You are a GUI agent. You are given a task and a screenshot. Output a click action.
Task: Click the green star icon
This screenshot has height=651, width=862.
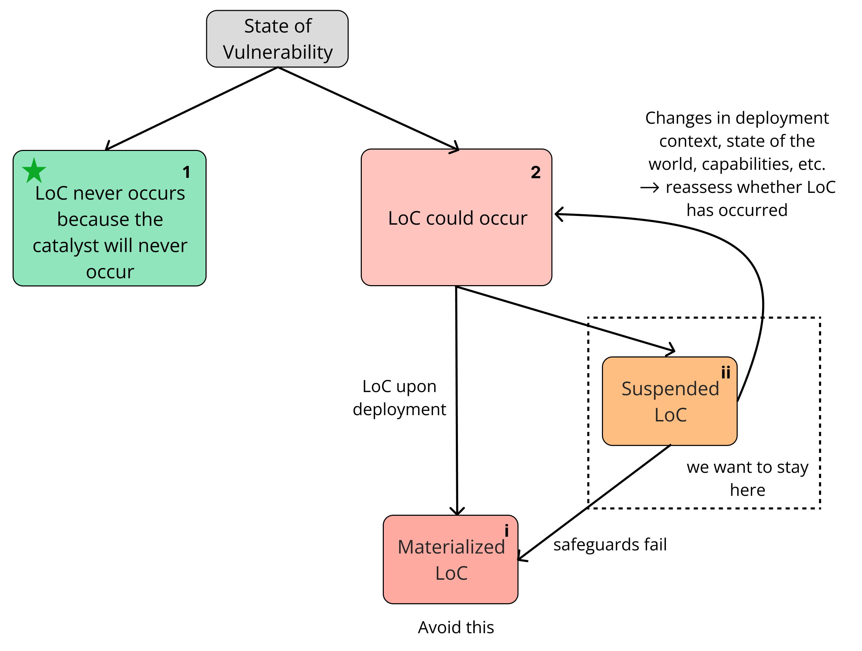click(34, 171)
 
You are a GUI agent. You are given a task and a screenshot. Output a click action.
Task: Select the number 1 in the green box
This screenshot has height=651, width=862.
click(186, 172)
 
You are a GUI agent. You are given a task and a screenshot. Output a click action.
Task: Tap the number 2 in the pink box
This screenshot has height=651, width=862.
click(536, 172)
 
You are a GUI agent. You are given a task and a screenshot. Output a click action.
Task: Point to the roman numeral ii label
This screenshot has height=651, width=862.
click(725, 372)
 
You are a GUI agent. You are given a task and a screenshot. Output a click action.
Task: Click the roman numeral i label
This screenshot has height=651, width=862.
click(506, 530)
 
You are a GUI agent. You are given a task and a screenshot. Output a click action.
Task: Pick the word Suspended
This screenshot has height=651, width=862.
click(670, 389)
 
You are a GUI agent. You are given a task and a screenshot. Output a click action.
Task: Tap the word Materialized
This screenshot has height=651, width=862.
click(451, 547)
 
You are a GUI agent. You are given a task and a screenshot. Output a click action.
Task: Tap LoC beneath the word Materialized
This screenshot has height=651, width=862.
click(451, 573)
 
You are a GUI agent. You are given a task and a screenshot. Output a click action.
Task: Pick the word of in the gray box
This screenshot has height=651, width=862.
click(303, 27)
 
